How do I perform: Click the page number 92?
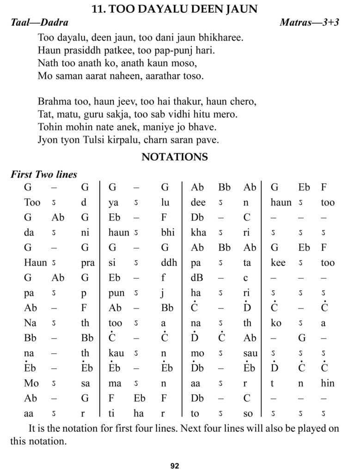[175, 466]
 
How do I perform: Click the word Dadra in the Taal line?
[53, 23]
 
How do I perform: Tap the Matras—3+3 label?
[309, 23]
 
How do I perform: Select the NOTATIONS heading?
[175, 157]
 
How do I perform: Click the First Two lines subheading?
[43, 175]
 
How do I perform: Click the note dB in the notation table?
[197, 278]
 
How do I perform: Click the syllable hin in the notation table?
[327, 383]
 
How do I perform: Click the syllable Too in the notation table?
[32, 202]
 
